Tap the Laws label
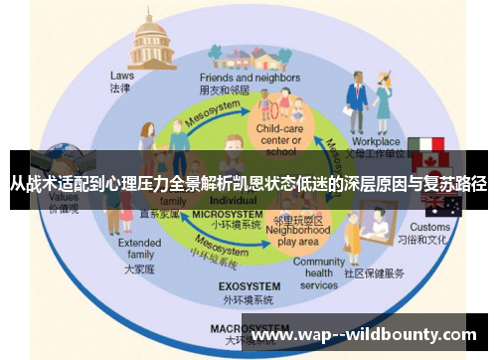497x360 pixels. [122, 75]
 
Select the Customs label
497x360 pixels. [430, 228]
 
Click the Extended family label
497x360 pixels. [139, 249]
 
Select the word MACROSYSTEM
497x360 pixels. [244, 327]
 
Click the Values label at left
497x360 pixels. [64, 198]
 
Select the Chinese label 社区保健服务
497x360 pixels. [376, 272]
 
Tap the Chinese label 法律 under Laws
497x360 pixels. [122, 88]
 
